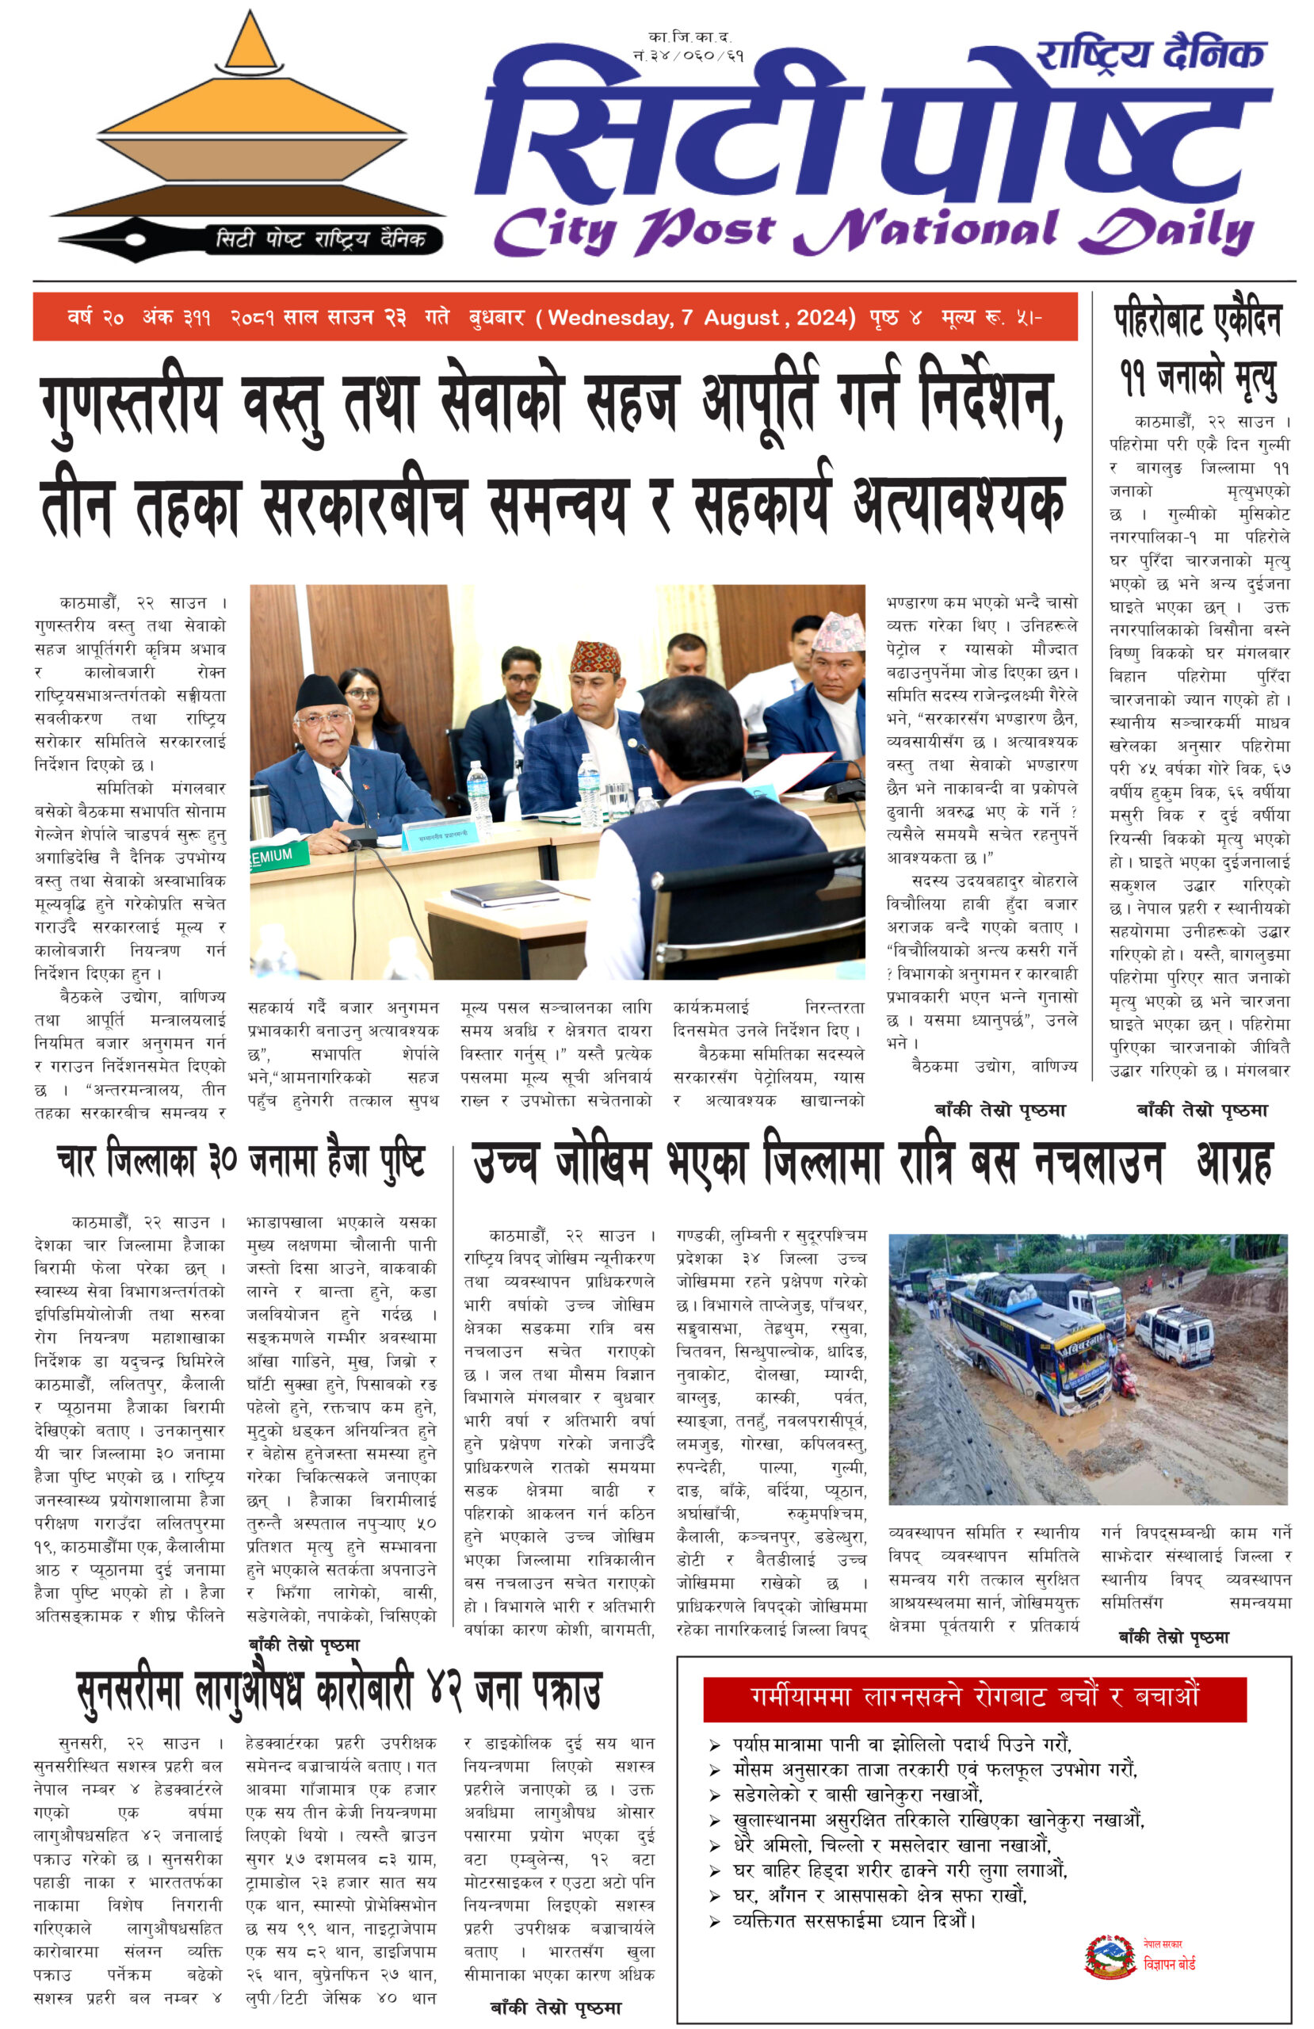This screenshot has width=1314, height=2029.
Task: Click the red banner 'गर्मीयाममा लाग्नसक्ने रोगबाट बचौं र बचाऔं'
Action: [x=974, y=1697]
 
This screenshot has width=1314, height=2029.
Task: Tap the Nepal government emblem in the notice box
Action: [x=1110, y=1957]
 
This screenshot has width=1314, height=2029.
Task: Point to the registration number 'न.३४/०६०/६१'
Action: [x=688, y=55]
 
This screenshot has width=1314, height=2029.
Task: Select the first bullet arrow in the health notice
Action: [x=714, y=1745]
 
